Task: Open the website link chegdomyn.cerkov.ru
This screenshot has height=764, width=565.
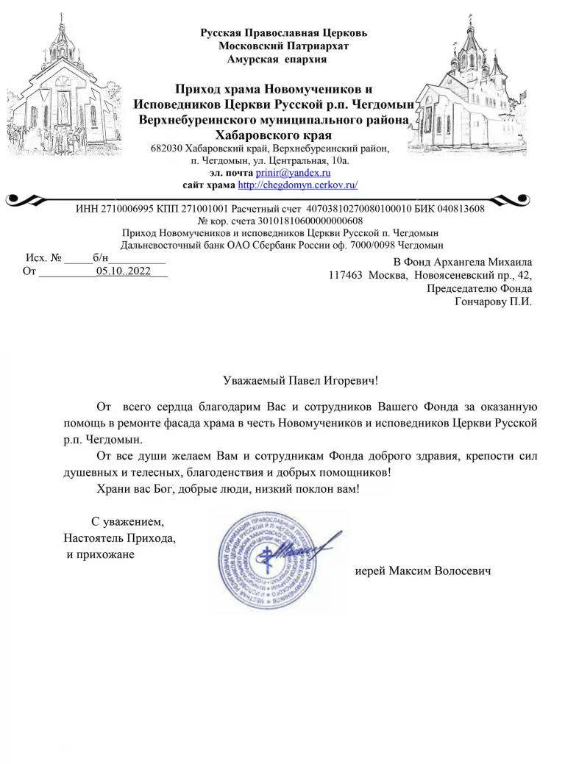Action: pos(298,184)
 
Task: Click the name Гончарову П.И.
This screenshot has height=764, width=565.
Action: pos(494,301)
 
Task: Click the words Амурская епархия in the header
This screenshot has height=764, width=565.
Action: pos(278,58)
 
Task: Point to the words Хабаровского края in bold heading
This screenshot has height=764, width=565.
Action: pos(273,135)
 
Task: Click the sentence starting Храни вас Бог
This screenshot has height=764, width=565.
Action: pos(229,488)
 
